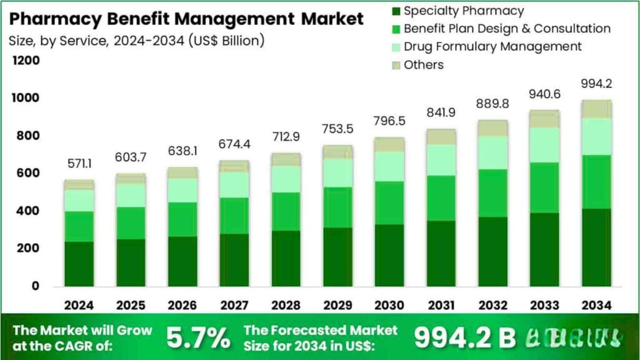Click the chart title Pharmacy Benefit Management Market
tap(186, 19)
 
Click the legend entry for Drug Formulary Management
tap(492, 47)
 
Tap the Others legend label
tap(423, 65)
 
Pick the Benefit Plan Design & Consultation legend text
tap(507, 29)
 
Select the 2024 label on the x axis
tap(79, 305)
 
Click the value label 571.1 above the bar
tap(79, 164)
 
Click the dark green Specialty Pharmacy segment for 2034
tap(596, 247)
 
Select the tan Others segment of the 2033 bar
tap(543, 119)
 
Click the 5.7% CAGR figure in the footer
tap(197, 338)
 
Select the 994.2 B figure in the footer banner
tap(465, 338)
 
